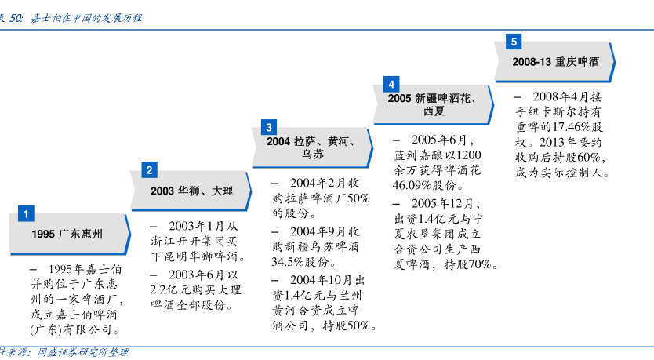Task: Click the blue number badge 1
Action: (x=26, y=213)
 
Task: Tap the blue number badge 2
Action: (x=149, y=169)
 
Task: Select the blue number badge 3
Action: (x=269, y=127)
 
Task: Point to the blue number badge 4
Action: (x=391, y=84)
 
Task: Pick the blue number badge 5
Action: (x=514, y=42)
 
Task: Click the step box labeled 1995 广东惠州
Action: (x=70, y=234)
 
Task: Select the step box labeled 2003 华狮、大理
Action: (x=191, y=191)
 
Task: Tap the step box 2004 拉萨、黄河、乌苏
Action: (x=312, y=147)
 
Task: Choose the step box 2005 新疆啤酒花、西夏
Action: (x=434, y=104)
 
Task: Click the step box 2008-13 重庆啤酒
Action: (x=554, y=62)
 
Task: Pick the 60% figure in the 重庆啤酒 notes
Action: (x=589, y=158)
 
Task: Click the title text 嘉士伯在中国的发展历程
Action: (x=86, y=18)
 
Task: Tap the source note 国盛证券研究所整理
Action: (x=83, y=352)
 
